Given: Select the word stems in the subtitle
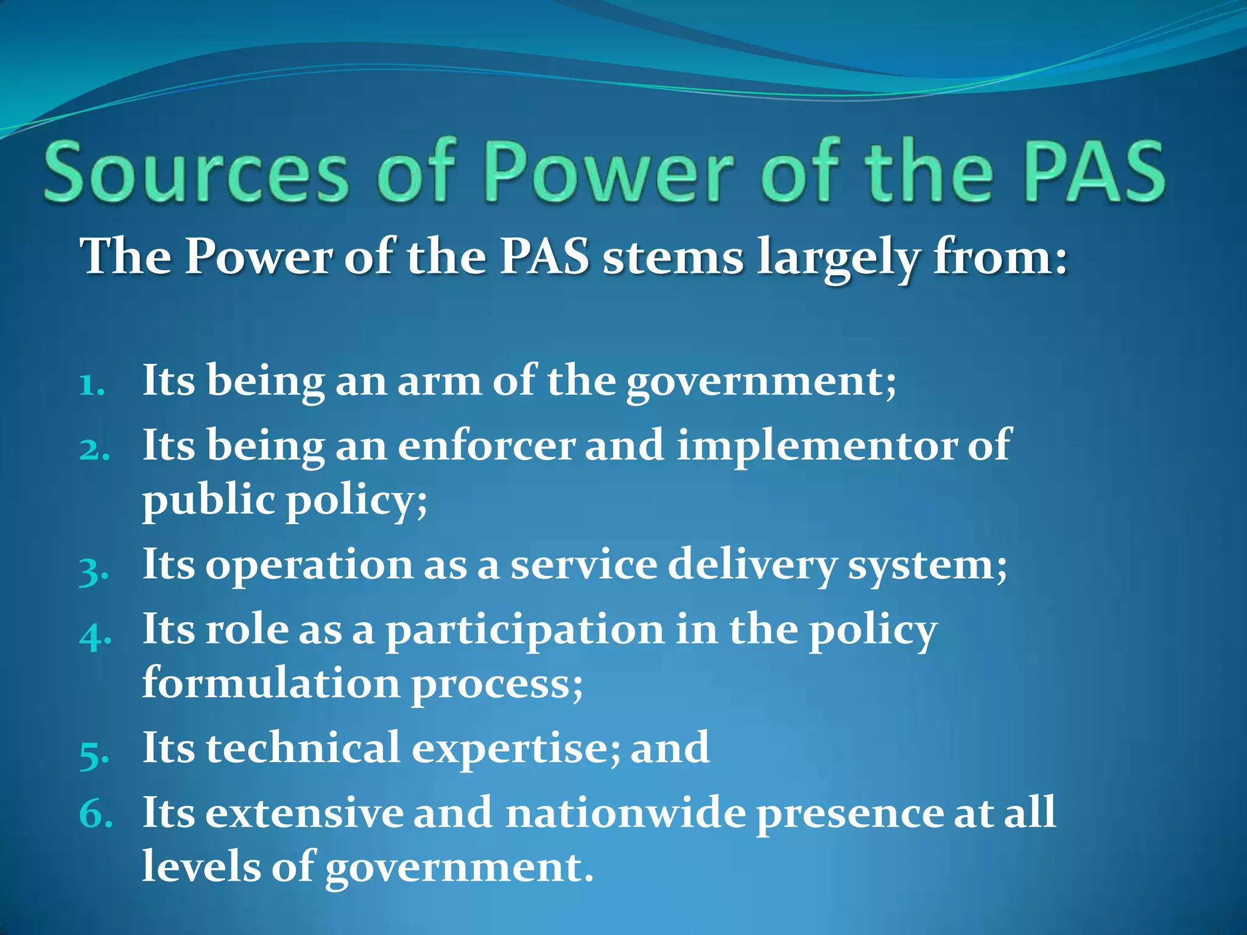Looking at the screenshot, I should (x=672, y=257).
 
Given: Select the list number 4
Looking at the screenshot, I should (x=95, y=636).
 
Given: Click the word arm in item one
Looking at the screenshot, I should (x=438, y=382).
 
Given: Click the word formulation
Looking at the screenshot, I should (x=271, y=683).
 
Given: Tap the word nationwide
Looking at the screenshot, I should (x=625, y=813).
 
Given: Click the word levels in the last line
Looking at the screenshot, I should (x=201, y=866).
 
